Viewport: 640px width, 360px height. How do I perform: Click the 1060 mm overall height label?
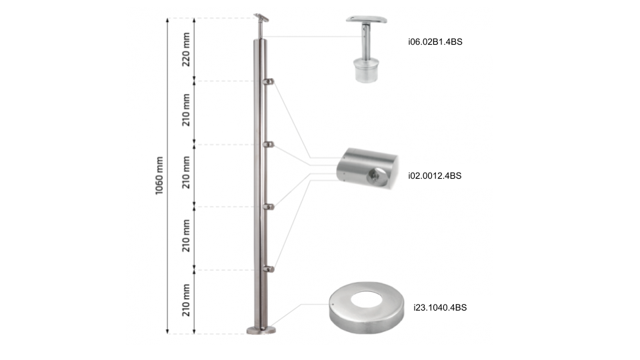tap(159, 175)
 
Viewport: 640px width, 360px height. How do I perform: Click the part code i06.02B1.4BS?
tap(435, 42)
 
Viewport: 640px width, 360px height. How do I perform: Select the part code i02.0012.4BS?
tap(434, 176)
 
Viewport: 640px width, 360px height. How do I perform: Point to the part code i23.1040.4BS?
tap(439, 308)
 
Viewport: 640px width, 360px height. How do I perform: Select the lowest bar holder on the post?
tap(269, 269)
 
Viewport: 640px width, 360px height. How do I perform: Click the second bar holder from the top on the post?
tap(269, 144)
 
